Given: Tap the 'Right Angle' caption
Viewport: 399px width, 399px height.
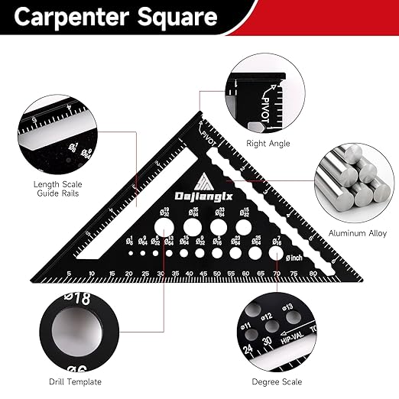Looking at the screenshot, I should (x=267, y=143).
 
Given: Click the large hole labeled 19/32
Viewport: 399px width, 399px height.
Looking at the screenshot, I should (x=163, y=227).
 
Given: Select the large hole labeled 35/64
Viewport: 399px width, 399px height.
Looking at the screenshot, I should (x=191, y=228).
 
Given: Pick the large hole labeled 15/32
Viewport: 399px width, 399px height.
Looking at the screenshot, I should (x=244, y=228).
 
